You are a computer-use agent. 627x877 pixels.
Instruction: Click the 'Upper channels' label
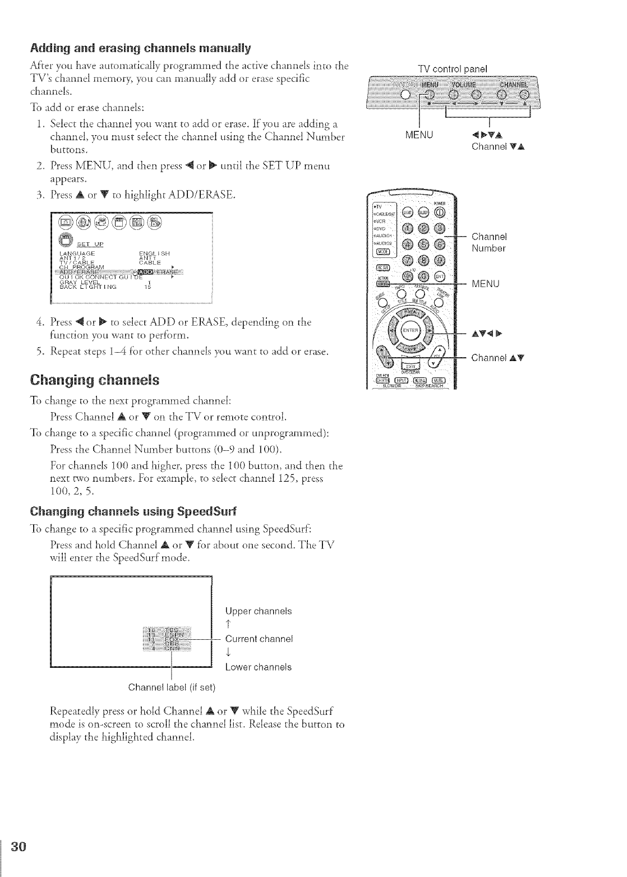[258, 611]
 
